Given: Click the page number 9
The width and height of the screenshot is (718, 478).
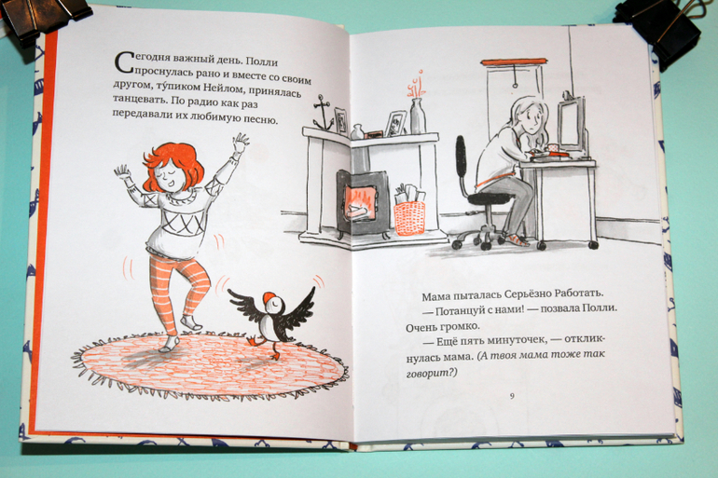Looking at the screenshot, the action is click(x=512, y=396).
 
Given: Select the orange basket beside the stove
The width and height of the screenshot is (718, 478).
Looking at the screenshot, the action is click(x=409, y=218).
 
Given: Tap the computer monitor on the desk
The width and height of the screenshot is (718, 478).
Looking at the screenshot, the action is click(x=571, y=123).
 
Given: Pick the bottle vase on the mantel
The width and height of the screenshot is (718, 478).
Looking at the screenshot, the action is click(x=417, y=116).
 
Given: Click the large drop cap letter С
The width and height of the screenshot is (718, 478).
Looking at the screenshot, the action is click(x=125, y=63).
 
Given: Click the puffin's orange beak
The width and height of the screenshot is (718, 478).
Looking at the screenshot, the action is click(x=267, y=297).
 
